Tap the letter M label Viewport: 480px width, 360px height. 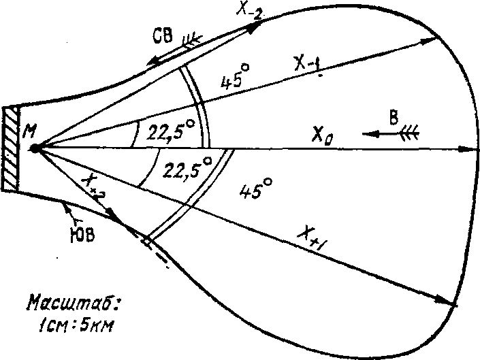[x=30, y=131]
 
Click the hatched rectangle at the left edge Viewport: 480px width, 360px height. [x=10, y=148]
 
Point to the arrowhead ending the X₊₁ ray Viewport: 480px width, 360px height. [x=447, y=300]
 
